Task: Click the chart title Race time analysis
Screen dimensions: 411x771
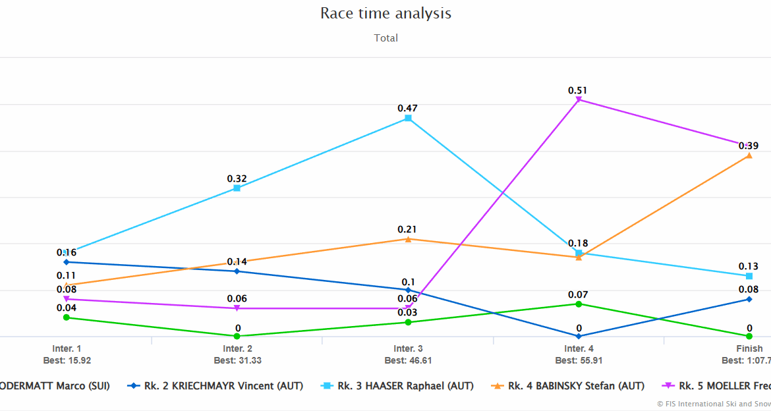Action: tap(385, 13)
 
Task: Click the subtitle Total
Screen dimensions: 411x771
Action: tap(385, 38)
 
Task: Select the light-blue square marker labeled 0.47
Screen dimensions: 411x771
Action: tap(408, 119)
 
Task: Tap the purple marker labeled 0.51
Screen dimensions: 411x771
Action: tap(579, 99)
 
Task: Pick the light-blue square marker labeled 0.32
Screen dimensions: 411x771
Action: tap(237, 188)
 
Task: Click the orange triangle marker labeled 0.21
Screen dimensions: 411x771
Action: tap(408, 239)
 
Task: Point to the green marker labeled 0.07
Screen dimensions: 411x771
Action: tap(579, 304)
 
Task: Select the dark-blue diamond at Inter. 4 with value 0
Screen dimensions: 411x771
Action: tap(579, 336)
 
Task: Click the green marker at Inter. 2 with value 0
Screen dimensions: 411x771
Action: tap(237, 336)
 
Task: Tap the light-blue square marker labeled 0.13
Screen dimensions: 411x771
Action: tap(749, 276)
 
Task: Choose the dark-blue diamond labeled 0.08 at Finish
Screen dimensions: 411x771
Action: tap(749, 299)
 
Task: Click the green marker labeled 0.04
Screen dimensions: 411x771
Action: tap(67, 317)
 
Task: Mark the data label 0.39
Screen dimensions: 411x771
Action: tap(748, 146)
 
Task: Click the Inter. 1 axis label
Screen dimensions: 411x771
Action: tap(67, 348)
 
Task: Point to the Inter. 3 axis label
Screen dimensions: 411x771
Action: tap(408, 348)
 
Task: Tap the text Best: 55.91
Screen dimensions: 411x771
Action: tap(579, 360)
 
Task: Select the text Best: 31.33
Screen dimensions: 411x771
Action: tap(237, 360)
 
